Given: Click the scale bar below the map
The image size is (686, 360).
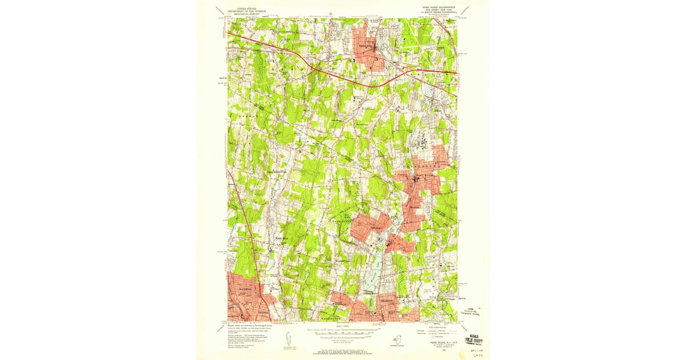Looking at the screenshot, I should point(343,331).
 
